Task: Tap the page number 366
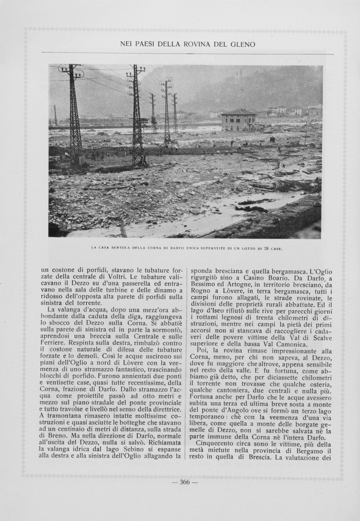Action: click(184, 482)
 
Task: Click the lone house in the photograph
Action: click(238, 120)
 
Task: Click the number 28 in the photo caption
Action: click(266, 248)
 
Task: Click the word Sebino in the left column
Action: click(127, 448)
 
